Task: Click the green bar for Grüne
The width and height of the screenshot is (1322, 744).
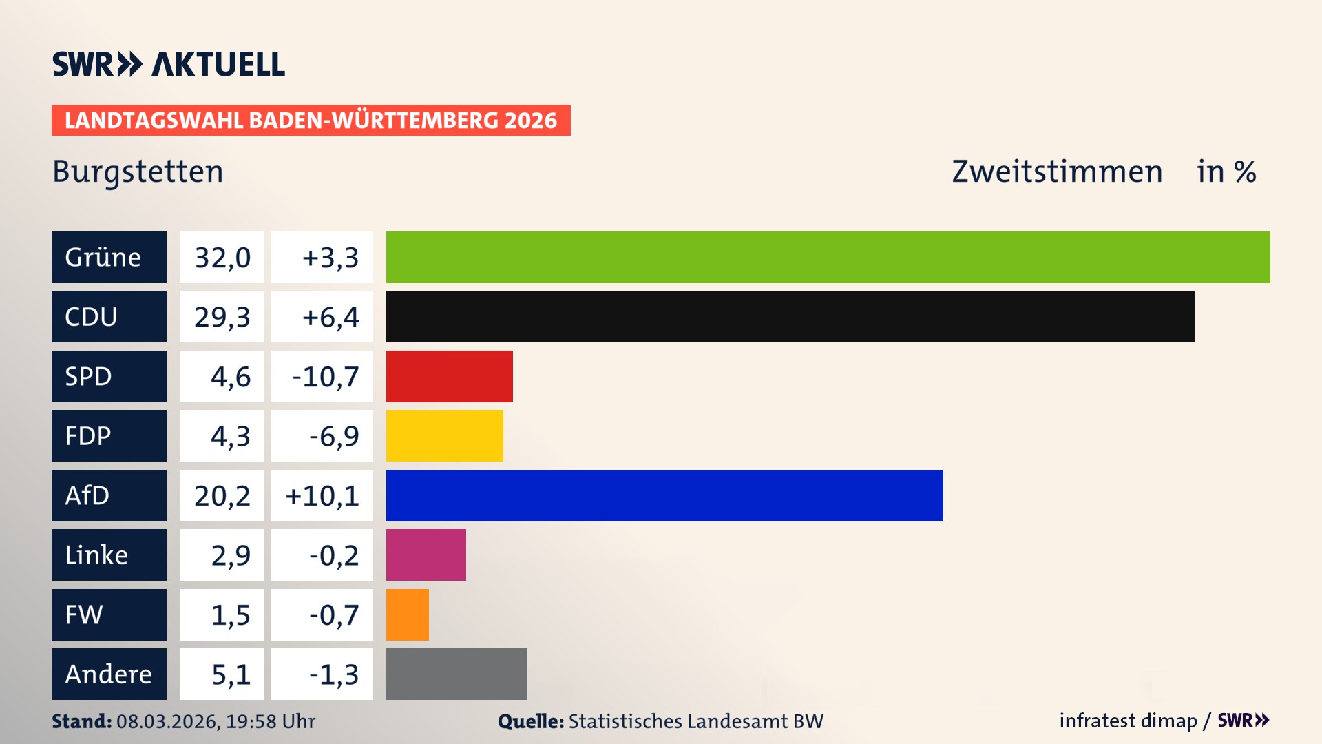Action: pyautogui.click(x=828, y=257)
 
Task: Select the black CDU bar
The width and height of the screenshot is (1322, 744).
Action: pyautogui.click(x=790, y=316)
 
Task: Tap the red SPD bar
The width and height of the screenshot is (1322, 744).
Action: pyautogui.click(x=449, y=376)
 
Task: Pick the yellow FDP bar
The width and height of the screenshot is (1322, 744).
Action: pyautogui.click(x=444, y=435)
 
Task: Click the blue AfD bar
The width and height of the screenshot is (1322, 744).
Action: pyautogui.click(x=664, y=495)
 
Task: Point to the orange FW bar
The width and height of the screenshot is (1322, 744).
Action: pyautogui.click(x=407, y=614)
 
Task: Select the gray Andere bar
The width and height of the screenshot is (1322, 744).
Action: pyautogui.click(x=457, y=674)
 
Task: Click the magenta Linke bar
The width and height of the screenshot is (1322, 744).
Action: pyautogui.click(x=426, y=555)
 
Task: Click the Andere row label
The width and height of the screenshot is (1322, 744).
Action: pyautogui.click(x=109, y=674)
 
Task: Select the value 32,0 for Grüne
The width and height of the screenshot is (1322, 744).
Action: pyautogui.click(x=222, y=257)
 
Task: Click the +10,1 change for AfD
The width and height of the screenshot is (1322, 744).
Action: pyautogui.click(x=322, y=495)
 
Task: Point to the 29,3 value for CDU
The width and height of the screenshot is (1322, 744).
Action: pyautogui.click(x=222, y=316)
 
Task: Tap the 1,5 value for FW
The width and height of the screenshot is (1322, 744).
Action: pyautogui.click(x=230, y=614)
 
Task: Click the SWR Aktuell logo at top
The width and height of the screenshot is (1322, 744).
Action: pyautogui.click(x=168, y=64)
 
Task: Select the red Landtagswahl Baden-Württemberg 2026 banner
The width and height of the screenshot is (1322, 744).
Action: pyautogui.click(x=311, y=120)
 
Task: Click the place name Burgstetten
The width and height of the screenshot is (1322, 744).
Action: pyautogui.click(x=138, y=172)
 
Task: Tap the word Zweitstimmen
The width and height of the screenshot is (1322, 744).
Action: pyautogui.click(x=1057, y=172)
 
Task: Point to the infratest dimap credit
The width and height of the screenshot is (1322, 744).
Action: pyautogui.click(x=1128, y=721)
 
